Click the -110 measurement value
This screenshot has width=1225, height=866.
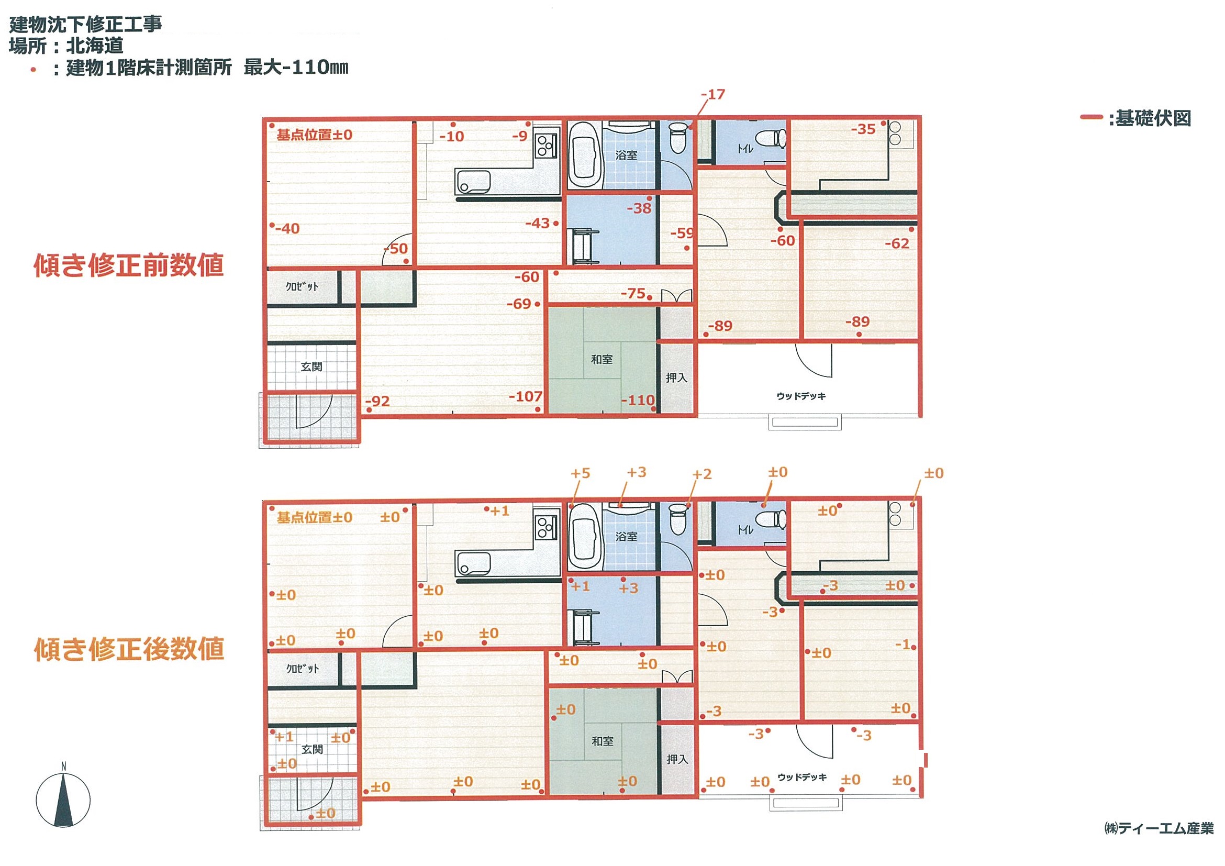(638, 399)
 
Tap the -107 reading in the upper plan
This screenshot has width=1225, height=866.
(526, 396)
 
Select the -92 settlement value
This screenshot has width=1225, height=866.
(378, 401)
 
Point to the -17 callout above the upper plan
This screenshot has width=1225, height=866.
(713, 94)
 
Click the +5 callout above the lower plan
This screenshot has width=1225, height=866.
(580, 473)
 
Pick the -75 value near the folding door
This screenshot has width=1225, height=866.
(633, 294)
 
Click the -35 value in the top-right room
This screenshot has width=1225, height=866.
(863, 129)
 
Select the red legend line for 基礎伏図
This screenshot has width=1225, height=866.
(1091, 118)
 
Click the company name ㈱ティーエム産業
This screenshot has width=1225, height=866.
(1159, 828)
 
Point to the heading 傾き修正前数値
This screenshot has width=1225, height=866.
(129, 265)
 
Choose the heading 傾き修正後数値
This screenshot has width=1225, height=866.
(129, 649)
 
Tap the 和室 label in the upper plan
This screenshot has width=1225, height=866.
(602, 360)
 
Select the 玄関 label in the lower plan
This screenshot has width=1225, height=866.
(312, 749)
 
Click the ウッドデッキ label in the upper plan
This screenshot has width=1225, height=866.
(801, 396)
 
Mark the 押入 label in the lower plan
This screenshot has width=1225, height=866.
(677, 759)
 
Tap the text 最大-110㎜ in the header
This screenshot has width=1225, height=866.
(296, 68)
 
